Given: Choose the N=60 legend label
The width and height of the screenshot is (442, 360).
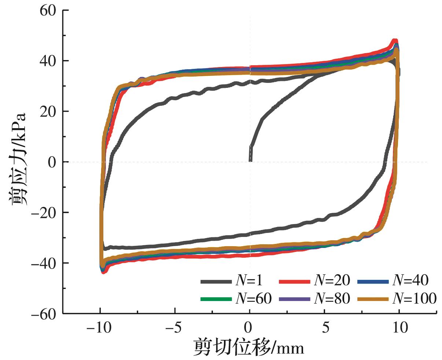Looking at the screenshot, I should pos(254,299).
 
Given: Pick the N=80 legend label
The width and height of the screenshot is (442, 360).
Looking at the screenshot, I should pos(332,299).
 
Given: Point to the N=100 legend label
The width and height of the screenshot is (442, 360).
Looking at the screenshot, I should pos(414,299).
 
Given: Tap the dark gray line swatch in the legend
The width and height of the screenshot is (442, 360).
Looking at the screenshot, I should pos(216,282).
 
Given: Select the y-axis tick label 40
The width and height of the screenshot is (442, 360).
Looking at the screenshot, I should pos(48,61).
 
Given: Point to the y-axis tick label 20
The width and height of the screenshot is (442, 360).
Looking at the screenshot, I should pos(48,111).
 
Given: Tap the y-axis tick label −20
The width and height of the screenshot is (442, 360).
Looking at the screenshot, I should pos(44,212).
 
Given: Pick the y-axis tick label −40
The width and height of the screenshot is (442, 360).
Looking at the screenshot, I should pos(44,263).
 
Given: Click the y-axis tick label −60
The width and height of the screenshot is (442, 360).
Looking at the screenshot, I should pos(44,313).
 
